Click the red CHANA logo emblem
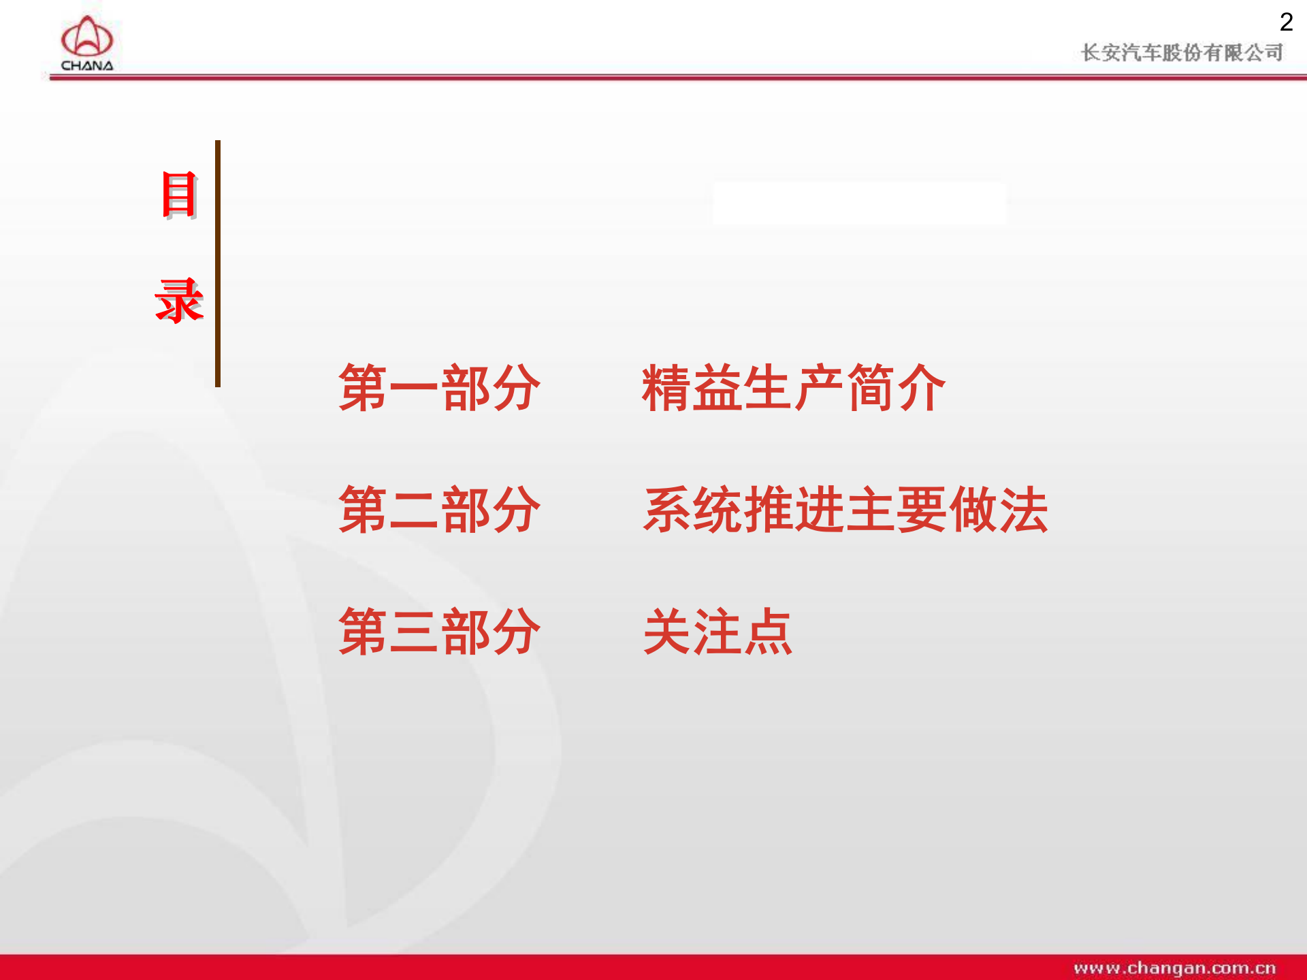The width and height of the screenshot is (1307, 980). tap(86, 37)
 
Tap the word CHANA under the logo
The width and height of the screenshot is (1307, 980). tap(87, 66)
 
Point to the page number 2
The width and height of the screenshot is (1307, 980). tap(1286, 22)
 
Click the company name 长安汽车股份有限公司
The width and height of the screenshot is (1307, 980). tap(1182, 52)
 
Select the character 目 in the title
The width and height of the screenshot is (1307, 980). tap(179, 195)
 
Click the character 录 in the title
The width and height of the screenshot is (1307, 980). tap(179, 300)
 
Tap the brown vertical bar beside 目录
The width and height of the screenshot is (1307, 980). tap(218, 263)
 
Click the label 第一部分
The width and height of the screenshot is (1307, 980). tap(439, 388)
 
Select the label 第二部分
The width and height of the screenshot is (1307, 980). tap(439, 510)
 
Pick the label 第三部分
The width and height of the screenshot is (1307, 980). tap(439, 632)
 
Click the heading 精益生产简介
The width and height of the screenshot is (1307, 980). tap(794, 388)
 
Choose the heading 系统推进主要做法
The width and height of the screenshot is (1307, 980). tap(845, 510)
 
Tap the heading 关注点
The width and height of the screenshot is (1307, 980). tap(717, 632)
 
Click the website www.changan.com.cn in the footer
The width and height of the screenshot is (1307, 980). tap(1174, 968)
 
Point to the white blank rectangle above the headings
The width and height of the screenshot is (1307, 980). tap(859, 203)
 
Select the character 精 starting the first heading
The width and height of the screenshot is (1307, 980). tap(667, 388)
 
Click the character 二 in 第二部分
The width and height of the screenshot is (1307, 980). tap(414, 510)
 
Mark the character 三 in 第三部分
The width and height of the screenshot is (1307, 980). tap(414, 632)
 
